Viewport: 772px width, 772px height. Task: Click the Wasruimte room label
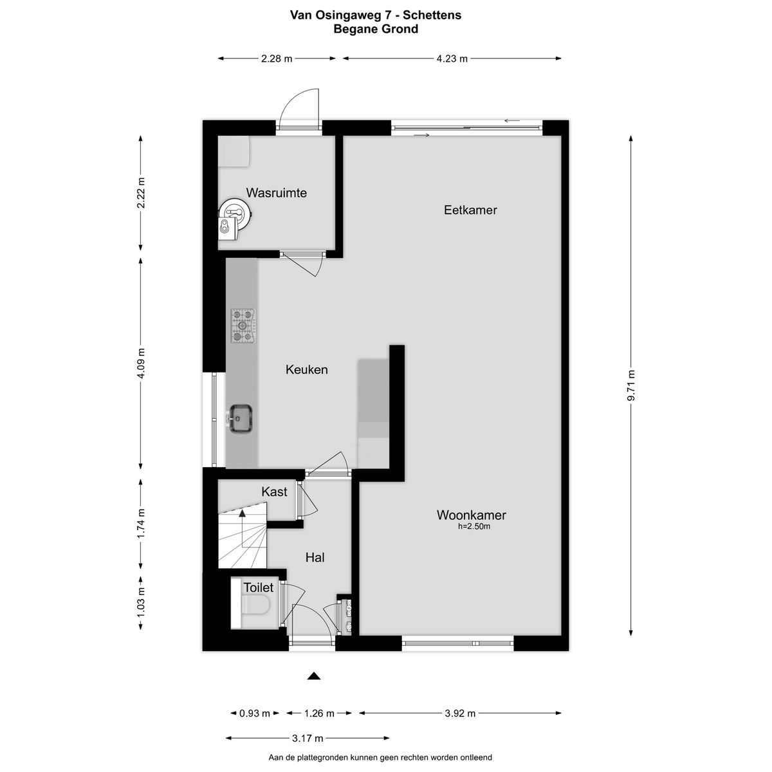[x=277, y=193]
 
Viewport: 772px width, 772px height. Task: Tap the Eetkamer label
[x=470, y=210]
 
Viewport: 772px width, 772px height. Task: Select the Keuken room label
[x=306, y=369]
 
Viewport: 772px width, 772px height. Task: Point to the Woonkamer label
[x=471, y=515]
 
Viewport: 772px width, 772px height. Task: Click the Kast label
[x=274, y=492]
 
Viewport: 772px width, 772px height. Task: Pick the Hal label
[x=315, y=557]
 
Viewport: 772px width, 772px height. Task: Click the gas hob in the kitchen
[x=243, y=326]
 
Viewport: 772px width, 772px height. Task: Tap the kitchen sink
[x=241, y=418]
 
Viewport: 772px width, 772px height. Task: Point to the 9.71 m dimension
[x=631, y=385]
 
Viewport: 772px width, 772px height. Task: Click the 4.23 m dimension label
[x=452, y=59]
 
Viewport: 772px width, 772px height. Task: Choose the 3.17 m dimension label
[x=308, y=738]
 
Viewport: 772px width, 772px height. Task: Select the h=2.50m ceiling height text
[x=474, y=526]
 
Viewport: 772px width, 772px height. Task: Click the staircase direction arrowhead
[x=242, y=513]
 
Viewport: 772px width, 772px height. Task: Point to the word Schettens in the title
[x=432, y=15]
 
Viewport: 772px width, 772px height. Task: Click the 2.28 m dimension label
[x=277, y=59]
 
